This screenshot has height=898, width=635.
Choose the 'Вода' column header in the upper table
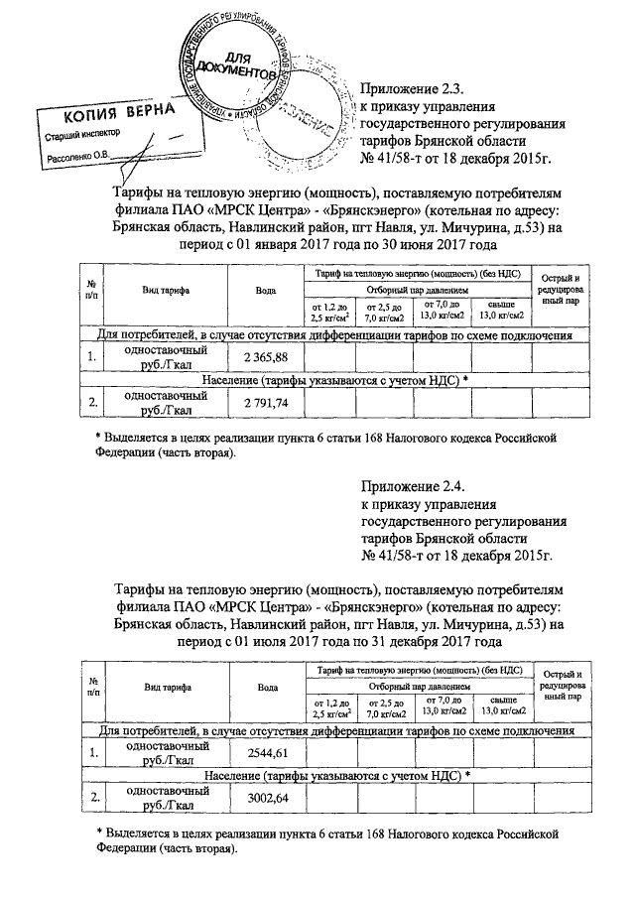click(266, 291)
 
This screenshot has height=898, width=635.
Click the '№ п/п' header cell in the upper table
click(91, 291)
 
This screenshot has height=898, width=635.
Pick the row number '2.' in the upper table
click(91, 402)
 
